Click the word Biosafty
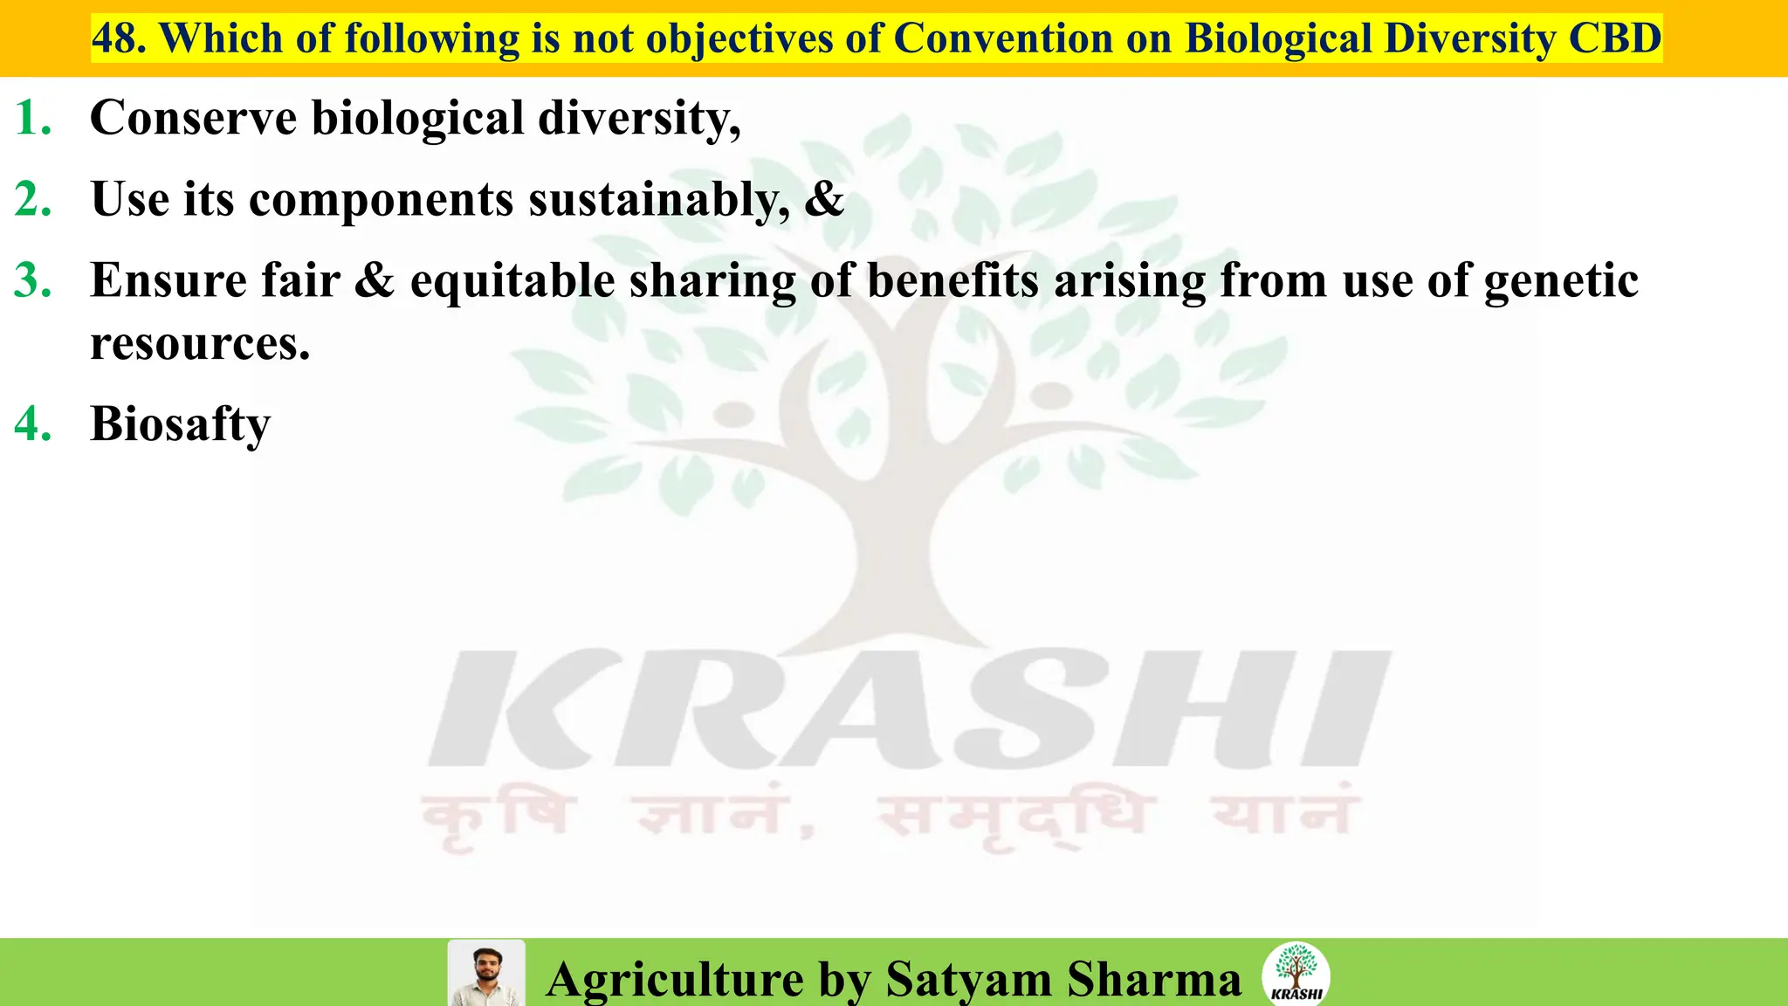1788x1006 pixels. click(x=181, y=424)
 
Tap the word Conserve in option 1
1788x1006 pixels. click(x=193, y=118)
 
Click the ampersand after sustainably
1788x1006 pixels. click(x=824, y=199)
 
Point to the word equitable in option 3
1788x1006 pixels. click(x=512, y=281)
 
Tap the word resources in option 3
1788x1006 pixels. click(x=200, y=344)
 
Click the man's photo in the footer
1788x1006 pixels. click(x=486, y=974)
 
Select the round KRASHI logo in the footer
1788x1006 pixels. click(x=1296, y=974)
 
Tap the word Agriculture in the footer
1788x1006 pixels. click(x=675, y=979)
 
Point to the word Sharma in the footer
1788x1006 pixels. click(x=1154, y=979)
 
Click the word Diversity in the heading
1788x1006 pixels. click(x=1468, y=38)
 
